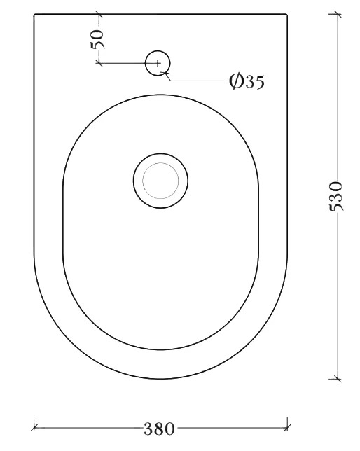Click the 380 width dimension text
tap(159, 429)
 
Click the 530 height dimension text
tap(335, 197)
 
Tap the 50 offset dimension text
tap(97, 39)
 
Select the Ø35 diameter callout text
tap(247, 81)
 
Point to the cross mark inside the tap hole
tap(158, 63)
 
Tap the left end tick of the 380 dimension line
tap(34, 428)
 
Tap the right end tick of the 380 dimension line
tap(287, 428)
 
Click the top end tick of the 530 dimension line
tap(338, 14)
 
